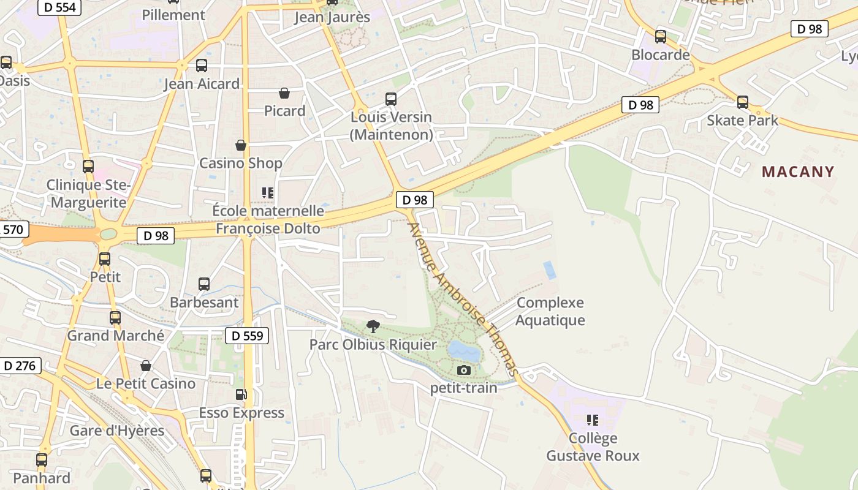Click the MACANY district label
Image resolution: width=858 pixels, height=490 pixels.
(x=798, y=171)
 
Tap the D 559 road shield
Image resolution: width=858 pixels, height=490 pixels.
(x=248, y=336)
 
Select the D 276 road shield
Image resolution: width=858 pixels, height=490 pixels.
(x=20, y=366)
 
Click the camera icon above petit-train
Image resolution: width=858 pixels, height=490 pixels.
(x=464, y=370)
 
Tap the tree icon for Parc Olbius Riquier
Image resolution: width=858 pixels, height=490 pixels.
(x=373, y=326)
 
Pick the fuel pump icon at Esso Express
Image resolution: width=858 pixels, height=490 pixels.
(x=241, y=394)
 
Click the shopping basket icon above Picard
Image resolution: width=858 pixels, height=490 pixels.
(x=284, y=93)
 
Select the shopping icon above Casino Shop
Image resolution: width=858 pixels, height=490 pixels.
(x=241, y=145)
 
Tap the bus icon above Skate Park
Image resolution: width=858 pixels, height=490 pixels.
(x=743, y=102)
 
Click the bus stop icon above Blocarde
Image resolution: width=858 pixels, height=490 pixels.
(x=660, y=37)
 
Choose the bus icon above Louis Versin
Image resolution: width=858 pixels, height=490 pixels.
(x=390, y=99)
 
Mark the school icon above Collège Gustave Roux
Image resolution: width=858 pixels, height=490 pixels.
(x=592, y=420)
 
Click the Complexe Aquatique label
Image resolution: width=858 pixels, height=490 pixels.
(x=550, y=311)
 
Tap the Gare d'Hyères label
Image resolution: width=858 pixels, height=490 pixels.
(x=117, y=431)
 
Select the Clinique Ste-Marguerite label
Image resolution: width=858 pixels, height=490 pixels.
(x=88, y=194)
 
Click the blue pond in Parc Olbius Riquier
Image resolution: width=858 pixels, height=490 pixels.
(x=464, y=352)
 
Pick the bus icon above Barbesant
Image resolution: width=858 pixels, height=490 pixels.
(x=204, y=284)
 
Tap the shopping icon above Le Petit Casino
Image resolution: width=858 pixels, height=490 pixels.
(x=146, y=366)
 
